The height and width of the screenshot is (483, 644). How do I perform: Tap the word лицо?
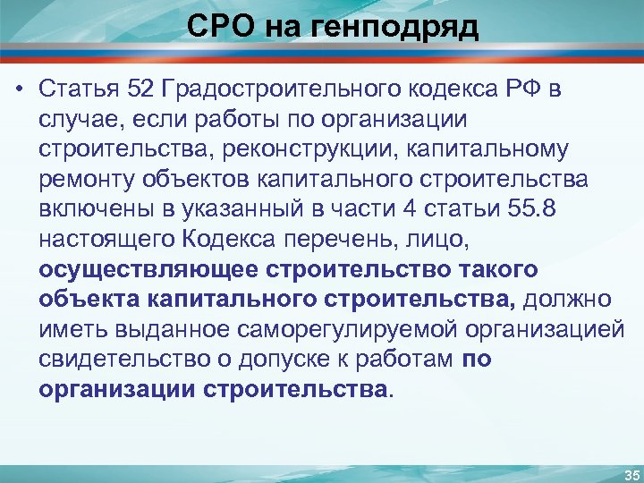coord(440,239)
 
